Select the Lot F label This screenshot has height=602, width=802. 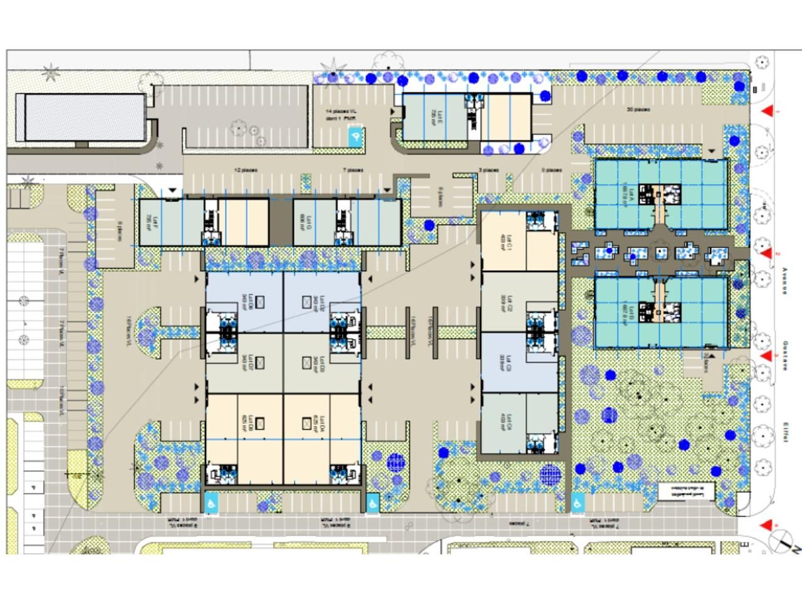147,221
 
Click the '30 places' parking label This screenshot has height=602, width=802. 638,110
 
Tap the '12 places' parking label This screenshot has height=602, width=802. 246,170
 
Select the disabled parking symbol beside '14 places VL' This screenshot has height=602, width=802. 355,137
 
